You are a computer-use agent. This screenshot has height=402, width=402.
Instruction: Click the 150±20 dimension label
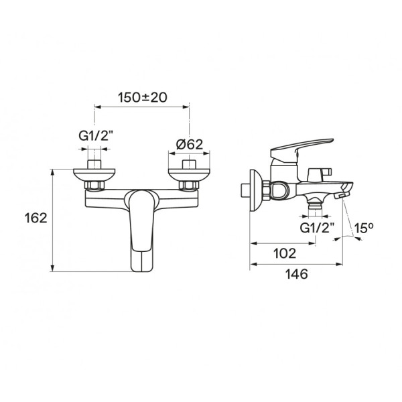(142, 97)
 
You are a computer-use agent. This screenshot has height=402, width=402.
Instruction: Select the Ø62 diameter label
(189, 145)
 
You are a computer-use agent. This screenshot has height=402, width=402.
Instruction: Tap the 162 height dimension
(36, 218)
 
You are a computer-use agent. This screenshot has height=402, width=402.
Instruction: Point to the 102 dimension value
(285, 253)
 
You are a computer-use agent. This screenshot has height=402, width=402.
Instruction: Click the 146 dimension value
(296, 274)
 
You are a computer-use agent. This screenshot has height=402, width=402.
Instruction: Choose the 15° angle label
(364, 228)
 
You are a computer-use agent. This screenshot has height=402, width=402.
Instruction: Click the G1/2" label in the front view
(96, 136)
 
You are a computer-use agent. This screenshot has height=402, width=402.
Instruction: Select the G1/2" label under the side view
(317, 228)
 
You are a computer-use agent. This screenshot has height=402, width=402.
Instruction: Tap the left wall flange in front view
(94, 175)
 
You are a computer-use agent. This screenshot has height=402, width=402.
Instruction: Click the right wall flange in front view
(189, 175)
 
